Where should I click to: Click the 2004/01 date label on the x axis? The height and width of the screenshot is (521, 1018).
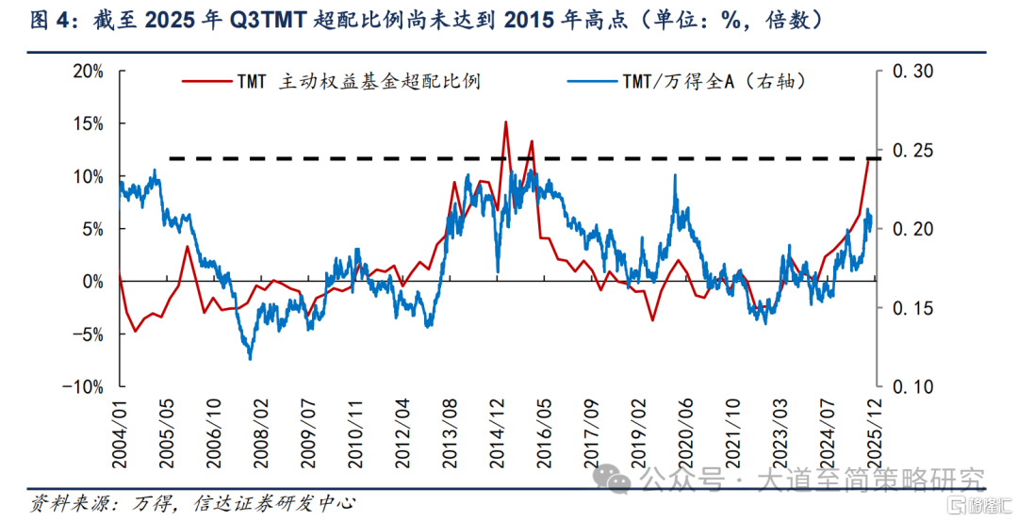point(120,429)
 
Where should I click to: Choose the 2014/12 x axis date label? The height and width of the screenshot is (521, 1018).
point(497,429)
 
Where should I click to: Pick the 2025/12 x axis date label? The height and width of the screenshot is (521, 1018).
point(875,429)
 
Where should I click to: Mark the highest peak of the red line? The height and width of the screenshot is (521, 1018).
point(506,122)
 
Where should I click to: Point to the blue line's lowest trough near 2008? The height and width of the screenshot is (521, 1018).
point(251,359)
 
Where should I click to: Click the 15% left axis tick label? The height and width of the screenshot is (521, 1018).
point(88,124)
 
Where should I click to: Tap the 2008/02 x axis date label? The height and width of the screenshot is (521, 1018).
point(261,429)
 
